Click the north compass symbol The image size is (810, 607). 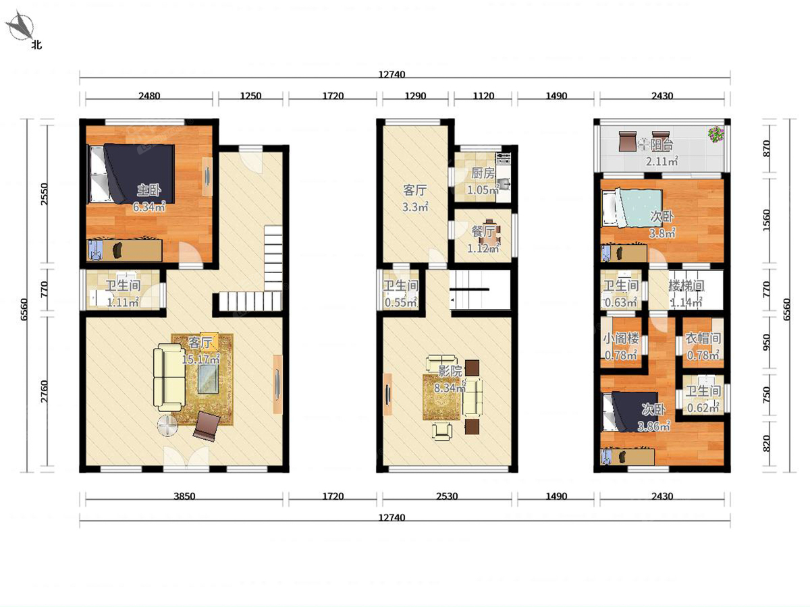coord(21,26)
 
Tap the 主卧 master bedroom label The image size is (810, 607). coord(149,190)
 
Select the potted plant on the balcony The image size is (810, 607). coord(716,134)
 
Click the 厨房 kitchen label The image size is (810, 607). coord(483,173)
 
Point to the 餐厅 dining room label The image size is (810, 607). coord(483,231)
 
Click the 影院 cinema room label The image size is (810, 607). coord(450,371)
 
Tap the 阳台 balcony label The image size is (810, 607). coord(661,145)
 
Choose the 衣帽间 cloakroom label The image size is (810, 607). coord(703,339)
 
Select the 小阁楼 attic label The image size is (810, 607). coord(621,339)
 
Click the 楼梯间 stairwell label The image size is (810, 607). coord(686,285)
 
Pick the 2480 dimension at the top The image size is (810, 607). coord(149,96)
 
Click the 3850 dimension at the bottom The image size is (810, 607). coord(184,496)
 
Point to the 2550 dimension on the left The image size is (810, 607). coord(45,194)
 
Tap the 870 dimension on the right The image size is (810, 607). coord(766,148)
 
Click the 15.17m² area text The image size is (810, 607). coord(201,359)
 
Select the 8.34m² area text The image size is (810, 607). coord(450,387)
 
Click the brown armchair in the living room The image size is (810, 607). coord(207,426)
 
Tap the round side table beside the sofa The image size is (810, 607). coord(167,426)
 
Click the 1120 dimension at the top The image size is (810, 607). coord(483,96)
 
